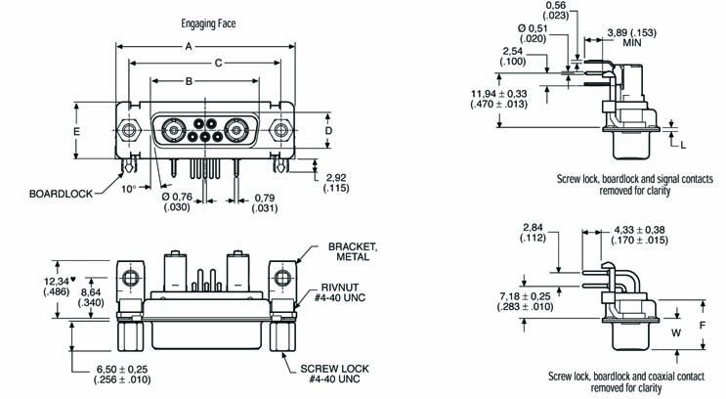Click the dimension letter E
click(x=77, y=130)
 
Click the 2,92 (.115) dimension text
click(x=336, y=181)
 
